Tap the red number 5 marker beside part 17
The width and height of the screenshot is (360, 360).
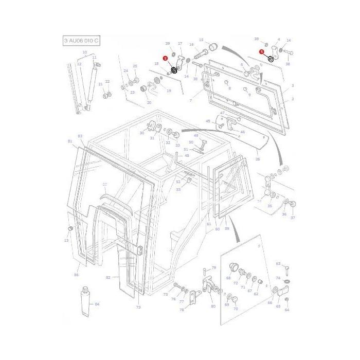[x=165, y=59]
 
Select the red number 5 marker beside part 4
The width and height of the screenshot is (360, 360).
[x=262, y=52]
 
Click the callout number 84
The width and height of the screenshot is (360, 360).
[x=97, y=304]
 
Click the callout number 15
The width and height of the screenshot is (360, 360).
[x=201, y=40]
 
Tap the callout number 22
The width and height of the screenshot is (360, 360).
[x=107, y=82]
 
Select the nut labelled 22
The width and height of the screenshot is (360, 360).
[x=105, y=95]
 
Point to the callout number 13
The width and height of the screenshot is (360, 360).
[x=66, y=240]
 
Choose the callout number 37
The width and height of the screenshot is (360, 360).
[x=293, y=218]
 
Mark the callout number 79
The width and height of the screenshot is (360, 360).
[x=214, y=267]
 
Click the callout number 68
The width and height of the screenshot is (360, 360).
[x=228, y=278]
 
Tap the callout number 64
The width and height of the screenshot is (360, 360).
[x=287, y=310]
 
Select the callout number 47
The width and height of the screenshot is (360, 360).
[x=223, y=113]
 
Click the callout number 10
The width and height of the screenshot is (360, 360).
[x=84, y=52]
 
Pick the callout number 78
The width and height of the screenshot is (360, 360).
[x=182, y=310]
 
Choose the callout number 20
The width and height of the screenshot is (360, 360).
[x=149, y=102]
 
